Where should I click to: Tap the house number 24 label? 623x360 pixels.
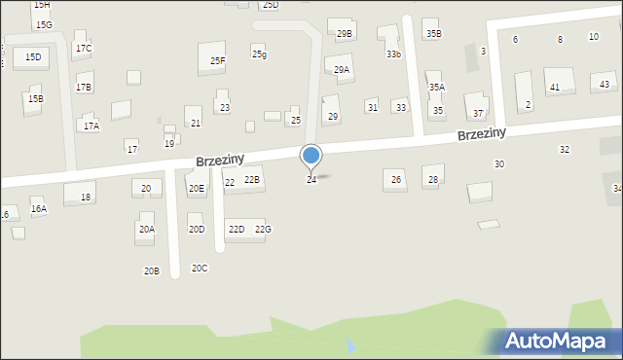click(311, 180)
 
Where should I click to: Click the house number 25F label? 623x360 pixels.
click(218, 61)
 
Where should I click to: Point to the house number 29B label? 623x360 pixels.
click(344, 34)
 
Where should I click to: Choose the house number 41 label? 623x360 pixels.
click(555, 88)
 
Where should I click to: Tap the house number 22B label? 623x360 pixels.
click(252, 180)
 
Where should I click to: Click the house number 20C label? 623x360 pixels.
click(200, 268)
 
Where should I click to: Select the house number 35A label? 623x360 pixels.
click(437, 88)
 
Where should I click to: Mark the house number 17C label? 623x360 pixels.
click(84, 49)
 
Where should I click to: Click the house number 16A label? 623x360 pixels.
click(39, 208)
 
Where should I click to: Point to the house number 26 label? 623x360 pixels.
click(396, 179)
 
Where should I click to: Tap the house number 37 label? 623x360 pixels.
click(478, 114)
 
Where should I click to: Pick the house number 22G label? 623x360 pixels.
click(263, 230)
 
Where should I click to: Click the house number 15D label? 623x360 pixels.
click(33, 57)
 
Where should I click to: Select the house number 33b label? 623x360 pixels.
click(393, 54)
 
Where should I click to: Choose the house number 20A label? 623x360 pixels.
click(146, 230)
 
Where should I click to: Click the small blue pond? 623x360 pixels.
click(350, 344)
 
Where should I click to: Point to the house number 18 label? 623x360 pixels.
click(86, 198)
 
